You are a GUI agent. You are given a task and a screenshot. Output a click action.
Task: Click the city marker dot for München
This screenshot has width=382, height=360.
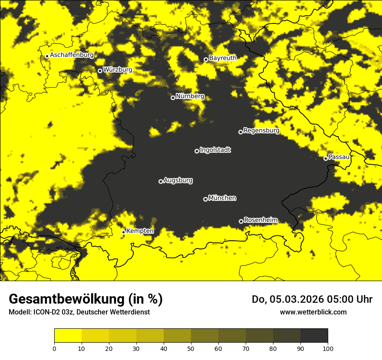205,199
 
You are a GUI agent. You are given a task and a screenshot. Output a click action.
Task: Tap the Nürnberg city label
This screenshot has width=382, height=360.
190,96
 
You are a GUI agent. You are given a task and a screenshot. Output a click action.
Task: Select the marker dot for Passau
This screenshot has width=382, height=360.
326,158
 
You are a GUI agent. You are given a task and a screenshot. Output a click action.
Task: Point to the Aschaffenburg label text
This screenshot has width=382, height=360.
72,55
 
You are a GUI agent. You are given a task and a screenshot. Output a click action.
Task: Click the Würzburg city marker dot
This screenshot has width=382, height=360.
100,71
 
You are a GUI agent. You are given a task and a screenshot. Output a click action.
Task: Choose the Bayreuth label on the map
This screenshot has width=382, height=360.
223,58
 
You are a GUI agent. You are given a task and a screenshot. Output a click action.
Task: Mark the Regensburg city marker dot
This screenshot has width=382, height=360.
240,132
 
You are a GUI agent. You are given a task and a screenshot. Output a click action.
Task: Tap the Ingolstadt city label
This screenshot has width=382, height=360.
215,150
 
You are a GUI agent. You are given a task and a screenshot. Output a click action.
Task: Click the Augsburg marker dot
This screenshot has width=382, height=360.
161,181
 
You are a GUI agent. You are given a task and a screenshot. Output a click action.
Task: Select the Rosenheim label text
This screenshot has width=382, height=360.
260,220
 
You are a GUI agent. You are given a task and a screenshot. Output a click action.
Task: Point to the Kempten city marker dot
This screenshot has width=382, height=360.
123,232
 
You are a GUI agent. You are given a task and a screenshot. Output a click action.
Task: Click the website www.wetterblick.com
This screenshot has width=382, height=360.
313,312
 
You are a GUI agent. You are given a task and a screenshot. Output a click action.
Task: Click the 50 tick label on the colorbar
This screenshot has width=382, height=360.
191,348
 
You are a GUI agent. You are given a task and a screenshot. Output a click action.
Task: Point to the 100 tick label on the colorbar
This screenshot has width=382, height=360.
328,348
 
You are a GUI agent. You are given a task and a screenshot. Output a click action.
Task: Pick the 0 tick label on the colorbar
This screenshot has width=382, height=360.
54,348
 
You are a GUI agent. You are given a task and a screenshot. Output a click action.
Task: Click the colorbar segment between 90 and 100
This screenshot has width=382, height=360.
314,336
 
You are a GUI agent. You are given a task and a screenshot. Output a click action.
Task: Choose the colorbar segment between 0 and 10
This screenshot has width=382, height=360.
68,336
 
